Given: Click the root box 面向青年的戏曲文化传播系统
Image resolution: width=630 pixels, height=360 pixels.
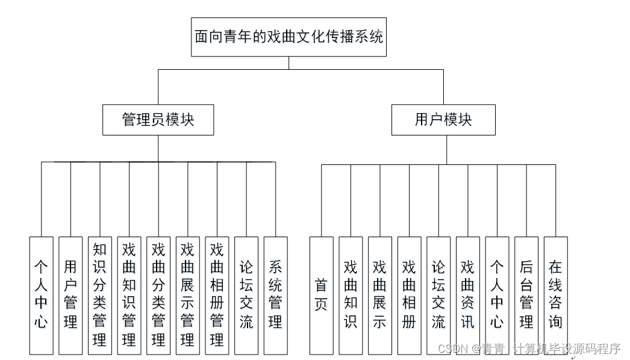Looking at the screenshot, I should coord(288,37).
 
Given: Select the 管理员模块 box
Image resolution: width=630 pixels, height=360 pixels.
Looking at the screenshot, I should coord(158,119).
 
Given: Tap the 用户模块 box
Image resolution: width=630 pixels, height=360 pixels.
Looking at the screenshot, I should coord(443,119).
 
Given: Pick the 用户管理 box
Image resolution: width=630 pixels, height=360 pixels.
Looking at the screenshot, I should coord(70,295).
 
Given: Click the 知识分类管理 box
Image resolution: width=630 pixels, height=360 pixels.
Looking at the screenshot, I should coord(100,295).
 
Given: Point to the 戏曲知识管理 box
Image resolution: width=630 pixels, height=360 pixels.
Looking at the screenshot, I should coord(129,295).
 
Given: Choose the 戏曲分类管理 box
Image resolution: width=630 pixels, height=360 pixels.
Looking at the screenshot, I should coord(158,295).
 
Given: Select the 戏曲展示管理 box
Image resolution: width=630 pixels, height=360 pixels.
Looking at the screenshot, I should coord(187,295).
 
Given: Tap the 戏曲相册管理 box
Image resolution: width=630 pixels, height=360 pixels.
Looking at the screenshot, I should coord(217,295).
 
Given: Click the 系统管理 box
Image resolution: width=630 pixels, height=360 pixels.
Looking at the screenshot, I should coord(275,295).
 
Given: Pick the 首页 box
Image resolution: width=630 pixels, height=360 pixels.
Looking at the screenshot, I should coord(321,295).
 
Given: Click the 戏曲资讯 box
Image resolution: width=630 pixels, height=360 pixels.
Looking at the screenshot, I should coord(467,295).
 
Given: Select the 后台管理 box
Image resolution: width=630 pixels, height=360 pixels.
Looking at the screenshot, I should coord(526,295).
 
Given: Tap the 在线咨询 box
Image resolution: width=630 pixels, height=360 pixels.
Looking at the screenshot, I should coord(555,295).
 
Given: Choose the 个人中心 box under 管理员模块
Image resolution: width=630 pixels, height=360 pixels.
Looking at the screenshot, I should coord(41,295).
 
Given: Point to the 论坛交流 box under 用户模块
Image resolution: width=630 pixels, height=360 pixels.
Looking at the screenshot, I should coord(438,295).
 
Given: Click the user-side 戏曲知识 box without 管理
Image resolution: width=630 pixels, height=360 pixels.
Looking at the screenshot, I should coord(351,295).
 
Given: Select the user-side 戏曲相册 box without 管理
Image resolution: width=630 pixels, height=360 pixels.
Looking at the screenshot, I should coord(409,295).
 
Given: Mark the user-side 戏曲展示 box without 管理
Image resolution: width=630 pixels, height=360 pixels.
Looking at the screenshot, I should coord(379,295).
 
